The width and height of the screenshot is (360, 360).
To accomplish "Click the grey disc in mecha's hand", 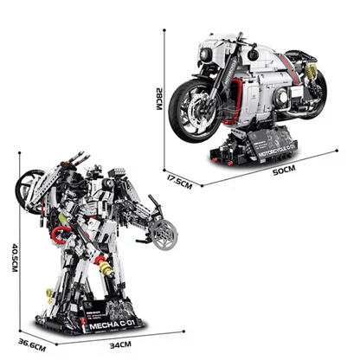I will [164, 236].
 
